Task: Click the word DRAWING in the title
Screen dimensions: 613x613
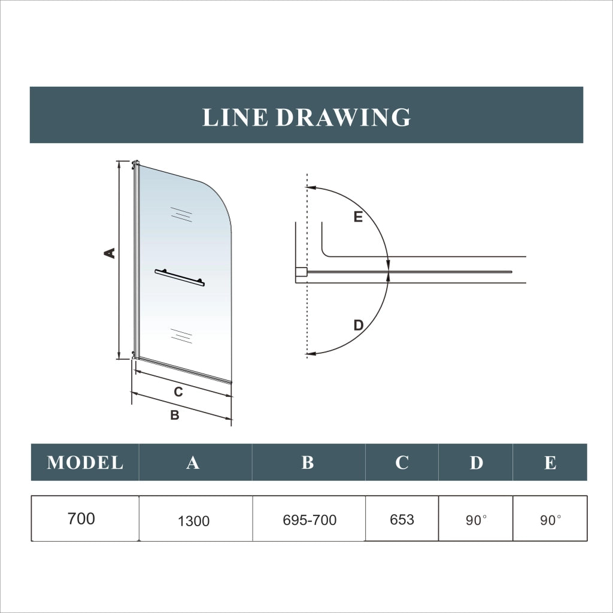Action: click(x=343, y=117)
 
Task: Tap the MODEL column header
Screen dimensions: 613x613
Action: click(x=85, y=463)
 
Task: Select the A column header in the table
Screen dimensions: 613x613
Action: click(x=193, y=463)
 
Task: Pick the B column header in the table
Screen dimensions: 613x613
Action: click(x=308, y=463)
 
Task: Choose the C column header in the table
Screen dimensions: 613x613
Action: click(x=402, y=463)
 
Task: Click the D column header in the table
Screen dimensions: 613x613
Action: click(x=476, y=463)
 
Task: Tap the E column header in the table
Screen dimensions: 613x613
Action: click(x=550, y=463)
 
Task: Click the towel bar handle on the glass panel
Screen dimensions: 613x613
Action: click(x=180, y=278)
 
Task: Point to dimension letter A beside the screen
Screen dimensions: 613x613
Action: click(x=110, y=253)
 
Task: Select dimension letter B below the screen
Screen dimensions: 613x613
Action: click(x=175, y=415)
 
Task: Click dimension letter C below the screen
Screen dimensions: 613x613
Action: click(x=178, y=392)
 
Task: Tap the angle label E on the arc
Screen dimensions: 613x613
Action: click(x=358, y=217)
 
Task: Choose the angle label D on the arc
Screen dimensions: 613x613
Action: click(x=359, y=325)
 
